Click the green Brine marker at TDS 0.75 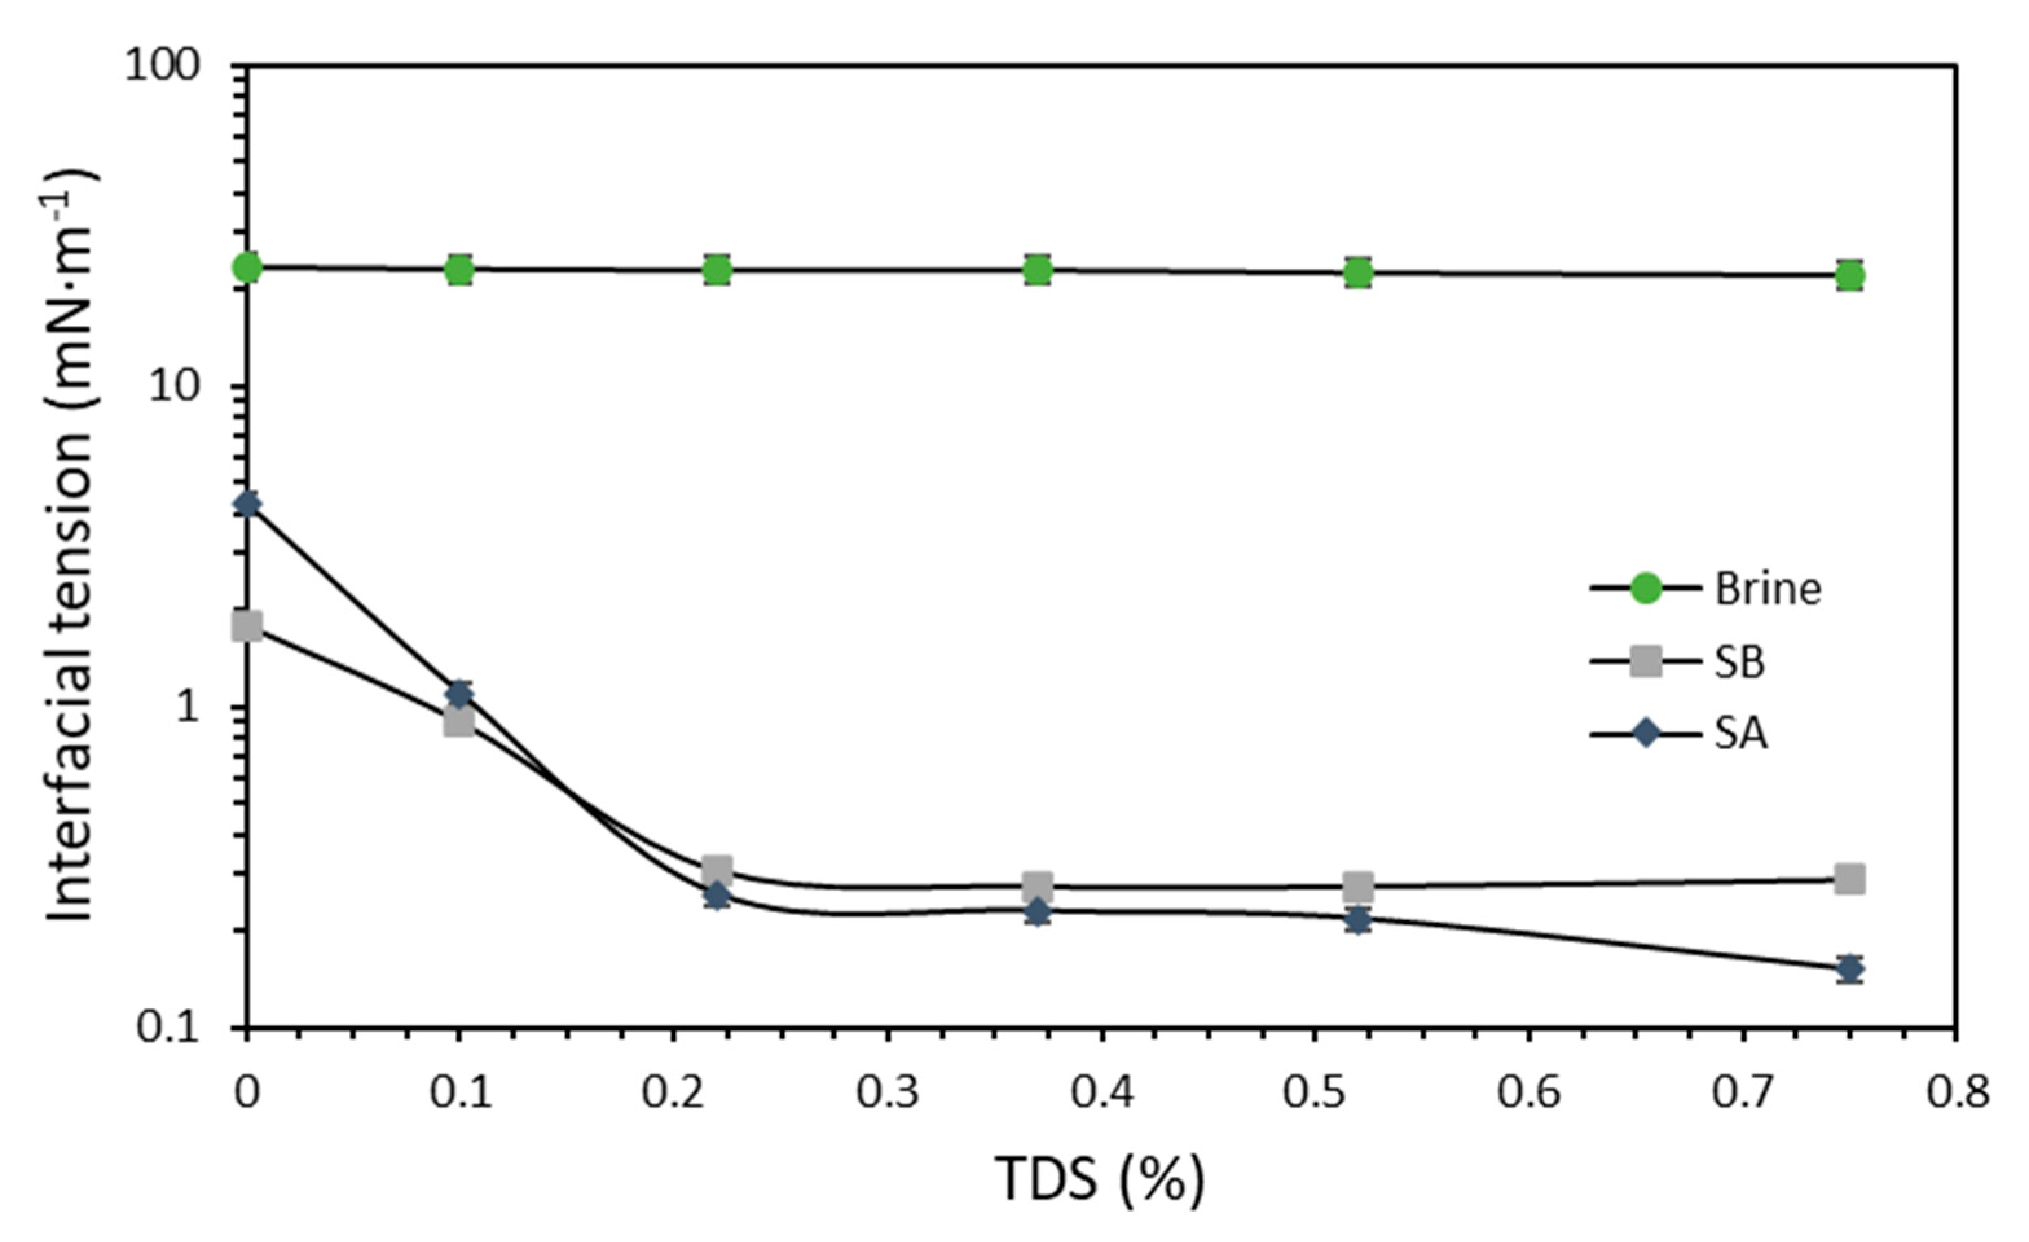tap(1850, 275)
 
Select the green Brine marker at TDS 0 tap(247, 267)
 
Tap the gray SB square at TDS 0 tap(247, 626)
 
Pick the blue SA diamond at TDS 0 tap(247, 504)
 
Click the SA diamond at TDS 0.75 tap(1850, 969)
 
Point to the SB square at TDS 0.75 tap(1850, 879)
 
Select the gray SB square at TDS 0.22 tap(718, 869)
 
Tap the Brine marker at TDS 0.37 tap(1038, 269)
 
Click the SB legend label tap(1739, 661)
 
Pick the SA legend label tap(1740, 733)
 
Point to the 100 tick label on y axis tap(163, 65)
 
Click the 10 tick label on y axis tap(175, 386)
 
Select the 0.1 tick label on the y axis tap(168, 1028)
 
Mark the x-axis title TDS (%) tap(1099, 1179)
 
